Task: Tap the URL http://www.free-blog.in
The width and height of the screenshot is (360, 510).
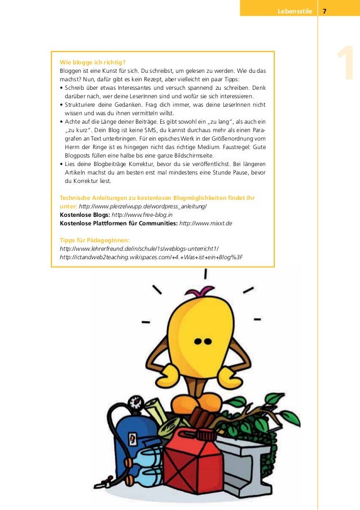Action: point(142,215)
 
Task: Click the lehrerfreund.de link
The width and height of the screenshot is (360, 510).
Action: point(139,249)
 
